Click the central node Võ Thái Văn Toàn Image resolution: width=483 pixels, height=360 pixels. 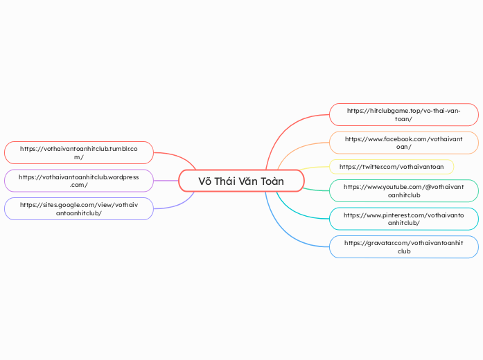(241, 181)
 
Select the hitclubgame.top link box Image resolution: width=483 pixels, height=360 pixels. (403, 115)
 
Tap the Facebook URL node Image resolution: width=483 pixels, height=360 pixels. (403, 143)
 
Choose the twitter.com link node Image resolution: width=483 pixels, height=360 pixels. (392, 167)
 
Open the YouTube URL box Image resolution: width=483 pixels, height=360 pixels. (403, 191)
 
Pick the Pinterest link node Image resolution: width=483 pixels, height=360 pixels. (403, 219)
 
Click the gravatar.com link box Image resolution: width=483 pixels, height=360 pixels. (403, 246)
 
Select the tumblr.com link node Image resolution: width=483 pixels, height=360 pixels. (78, 153)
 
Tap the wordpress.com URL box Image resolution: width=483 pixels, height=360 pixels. (78, 181)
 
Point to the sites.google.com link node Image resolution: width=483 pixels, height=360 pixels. (78, 208)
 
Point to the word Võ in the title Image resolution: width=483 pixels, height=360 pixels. (205, 181)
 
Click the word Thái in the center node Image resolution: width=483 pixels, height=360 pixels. (229, 181)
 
